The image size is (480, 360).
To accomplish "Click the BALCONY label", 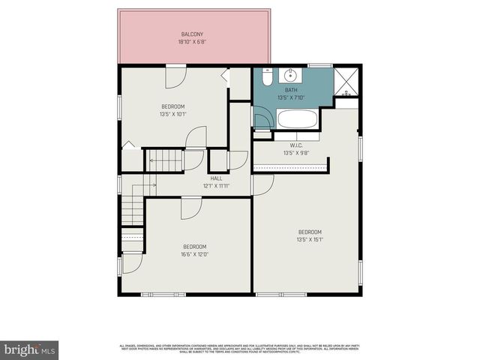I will click(192, 34).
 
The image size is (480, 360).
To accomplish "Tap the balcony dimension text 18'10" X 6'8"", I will click(192, 42).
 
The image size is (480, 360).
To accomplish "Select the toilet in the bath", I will click(266, 76).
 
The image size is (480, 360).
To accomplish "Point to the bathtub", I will click(298, 118).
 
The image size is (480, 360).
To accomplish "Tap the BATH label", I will click(291, 90).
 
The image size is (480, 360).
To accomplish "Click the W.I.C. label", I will click(296, 145).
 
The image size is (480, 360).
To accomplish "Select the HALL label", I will click(216, 178).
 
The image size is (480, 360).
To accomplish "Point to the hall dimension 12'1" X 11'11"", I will click(216, 185).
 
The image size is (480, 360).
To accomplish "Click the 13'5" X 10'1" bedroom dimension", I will click(172, 114).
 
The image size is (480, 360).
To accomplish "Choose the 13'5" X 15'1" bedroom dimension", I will click(310, 239).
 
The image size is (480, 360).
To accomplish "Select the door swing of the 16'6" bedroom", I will click(190, 208).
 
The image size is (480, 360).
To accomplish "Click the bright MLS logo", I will click(29, 349).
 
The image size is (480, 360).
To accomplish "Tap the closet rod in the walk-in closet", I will click(289, 169).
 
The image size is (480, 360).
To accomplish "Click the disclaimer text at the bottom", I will click(240, 348).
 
